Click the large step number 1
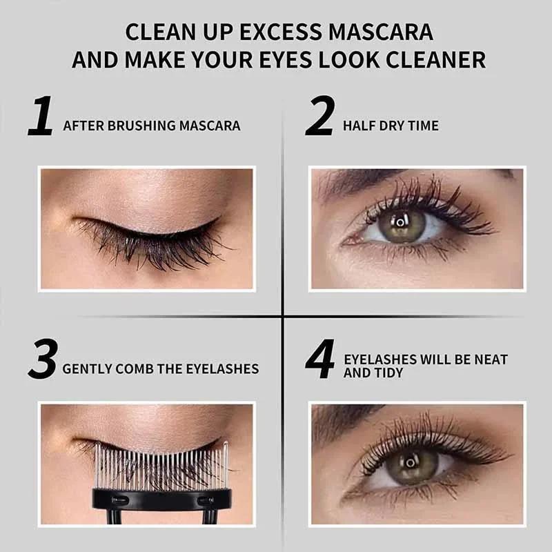[x=41, y=117]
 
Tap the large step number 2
[x=319, y=117]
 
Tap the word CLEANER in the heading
[x=437, y=59]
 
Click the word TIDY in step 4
[x=388, y=373]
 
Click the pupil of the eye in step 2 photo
[x=400, y=222]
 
